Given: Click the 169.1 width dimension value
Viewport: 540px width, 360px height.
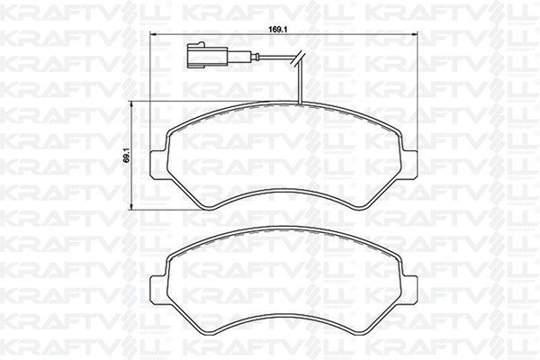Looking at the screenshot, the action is click(278, 30).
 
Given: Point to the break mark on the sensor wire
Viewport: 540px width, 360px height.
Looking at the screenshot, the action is click(300, 58).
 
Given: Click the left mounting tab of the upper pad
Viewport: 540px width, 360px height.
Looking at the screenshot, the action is click(158, 165).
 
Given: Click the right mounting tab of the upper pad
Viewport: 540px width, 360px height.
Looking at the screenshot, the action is click(409, 165).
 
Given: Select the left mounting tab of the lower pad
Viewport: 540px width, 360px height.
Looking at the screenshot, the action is click(158, 290).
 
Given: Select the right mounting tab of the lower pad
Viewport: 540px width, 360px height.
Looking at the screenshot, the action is click(409, 290).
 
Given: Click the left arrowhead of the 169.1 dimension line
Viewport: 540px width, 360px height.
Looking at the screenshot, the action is click(154, 34).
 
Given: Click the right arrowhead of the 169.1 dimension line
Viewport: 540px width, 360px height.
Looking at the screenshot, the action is click(414, 34).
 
